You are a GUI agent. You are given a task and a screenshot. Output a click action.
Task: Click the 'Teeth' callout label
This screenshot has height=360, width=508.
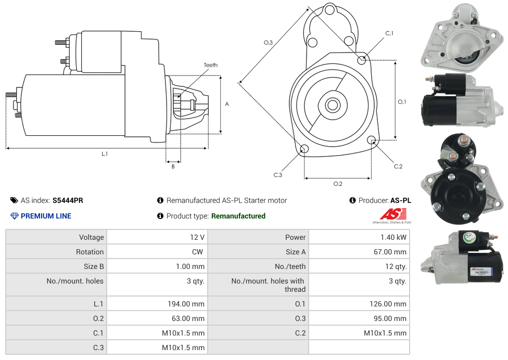click(210, 65)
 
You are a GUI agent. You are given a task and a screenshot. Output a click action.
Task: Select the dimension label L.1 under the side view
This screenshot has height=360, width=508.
click(105, 153)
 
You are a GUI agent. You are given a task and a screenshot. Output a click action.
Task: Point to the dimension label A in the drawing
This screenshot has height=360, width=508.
click(227, 104)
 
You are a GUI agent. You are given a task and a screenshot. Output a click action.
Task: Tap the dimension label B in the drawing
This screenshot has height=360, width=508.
click(173, 166)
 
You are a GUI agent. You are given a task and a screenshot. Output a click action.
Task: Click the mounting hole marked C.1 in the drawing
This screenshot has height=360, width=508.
click(362, 60)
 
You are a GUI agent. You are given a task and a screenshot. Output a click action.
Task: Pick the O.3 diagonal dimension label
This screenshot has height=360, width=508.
click(268, 43)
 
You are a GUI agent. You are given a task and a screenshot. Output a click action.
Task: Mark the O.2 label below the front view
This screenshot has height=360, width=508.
click(338, 184)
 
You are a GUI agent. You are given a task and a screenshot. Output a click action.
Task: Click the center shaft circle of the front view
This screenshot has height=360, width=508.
click(332, 105)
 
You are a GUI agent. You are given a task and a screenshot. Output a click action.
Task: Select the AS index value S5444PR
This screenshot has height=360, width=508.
click(68, 200)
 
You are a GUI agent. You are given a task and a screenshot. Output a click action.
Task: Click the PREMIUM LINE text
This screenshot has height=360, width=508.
click(46, 216)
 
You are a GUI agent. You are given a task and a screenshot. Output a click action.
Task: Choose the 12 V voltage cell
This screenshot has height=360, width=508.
click(197, 237)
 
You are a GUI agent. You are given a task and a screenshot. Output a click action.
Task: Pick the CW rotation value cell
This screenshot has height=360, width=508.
click(199, 252)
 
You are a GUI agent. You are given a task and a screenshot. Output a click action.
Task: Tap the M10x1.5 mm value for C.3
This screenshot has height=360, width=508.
click(183, 348)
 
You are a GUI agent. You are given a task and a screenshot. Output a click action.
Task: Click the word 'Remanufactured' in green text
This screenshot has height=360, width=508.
click(238, 216)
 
